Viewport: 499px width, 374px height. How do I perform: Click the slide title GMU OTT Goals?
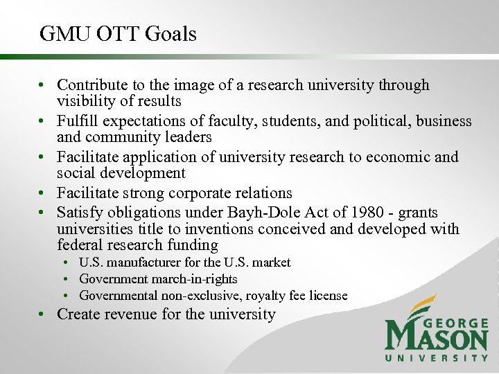[119, 33]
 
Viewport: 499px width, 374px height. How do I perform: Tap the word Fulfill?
[78, 121]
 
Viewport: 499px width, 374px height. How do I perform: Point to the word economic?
[394, 157]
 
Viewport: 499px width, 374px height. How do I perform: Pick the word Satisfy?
[78, 212]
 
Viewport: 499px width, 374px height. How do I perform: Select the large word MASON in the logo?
[437, 340]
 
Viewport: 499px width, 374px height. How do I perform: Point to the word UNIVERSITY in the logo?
[437, 358]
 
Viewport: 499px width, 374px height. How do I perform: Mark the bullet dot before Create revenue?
[43, 315]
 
